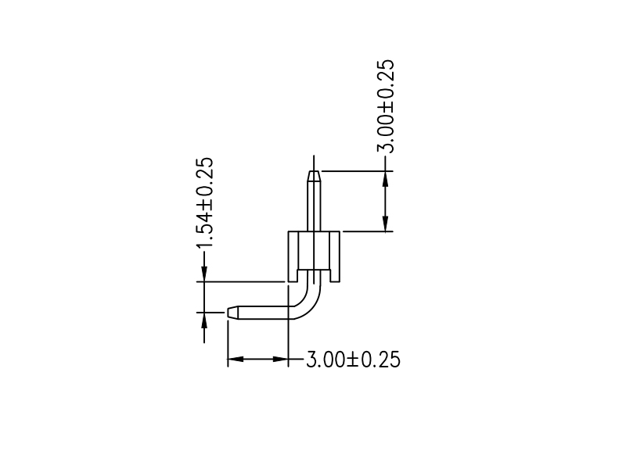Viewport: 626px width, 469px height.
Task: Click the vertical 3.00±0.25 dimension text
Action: [x=386, y=106]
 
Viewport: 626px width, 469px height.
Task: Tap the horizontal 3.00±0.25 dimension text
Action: [x=352, y=360]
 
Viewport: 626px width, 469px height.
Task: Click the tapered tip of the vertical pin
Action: [x=314, y=175]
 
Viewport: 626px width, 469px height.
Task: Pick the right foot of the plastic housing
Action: [x=336, y=276]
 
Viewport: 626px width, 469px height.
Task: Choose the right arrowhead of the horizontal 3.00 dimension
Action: [x=279, y=360]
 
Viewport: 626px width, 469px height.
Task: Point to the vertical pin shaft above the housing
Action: [x=314, y=205]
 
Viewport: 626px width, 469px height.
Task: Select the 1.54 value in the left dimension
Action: [x=204, y=227]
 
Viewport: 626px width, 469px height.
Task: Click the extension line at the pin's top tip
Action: [x=352, y=170]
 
